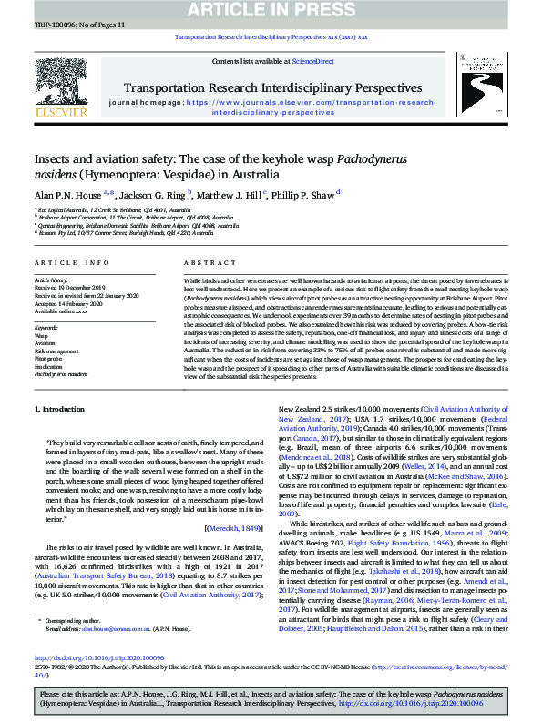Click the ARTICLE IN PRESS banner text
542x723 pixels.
(x=271, y=9)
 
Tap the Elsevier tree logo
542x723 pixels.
(x=61, y=88)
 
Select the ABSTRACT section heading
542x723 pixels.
(x=204, y=260)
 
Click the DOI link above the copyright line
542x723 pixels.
(x=87, y=657)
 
